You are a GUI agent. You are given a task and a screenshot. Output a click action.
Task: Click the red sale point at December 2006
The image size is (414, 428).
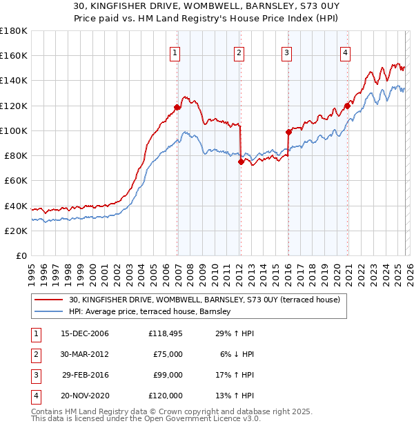point(177,107)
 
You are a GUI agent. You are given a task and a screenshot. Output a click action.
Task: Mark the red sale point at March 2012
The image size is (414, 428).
point(241,162)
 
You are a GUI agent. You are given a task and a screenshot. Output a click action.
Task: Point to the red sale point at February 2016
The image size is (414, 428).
point(288,131)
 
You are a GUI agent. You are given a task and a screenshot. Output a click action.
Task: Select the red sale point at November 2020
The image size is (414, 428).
point(348,105)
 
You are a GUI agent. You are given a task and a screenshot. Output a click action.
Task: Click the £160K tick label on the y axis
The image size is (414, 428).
point(14,56)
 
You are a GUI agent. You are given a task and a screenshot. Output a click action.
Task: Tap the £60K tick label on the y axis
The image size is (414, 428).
point(16,181)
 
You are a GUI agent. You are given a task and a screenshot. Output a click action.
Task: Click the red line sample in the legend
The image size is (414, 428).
point(49,300)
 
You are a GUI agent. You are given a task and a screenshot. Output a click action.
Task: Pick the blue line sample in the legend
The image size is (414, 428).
point(49,312)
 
